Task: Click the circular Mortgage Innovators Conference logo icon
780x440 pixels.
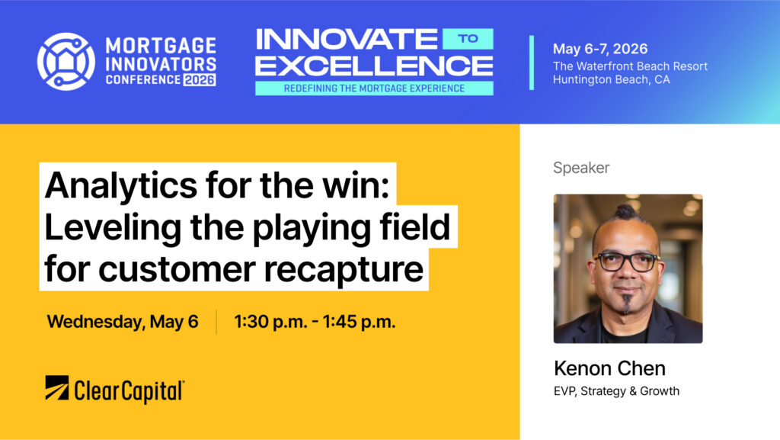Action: tap(66, 62)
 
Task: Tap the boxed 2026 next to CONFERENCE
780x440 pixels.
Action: tap(200, 79)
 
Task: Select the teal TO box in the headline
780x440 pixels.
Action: tap(468, 39)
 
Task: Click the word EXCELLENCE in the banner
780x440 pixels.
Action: tap(374, 66)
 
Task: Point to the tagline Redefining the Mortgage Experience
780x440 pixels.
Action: tap(374, 88)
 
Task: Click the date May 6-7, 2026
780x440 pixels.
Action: tap(600, 49)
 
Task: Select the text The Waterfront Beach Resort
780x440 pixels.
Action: tap(630, 66)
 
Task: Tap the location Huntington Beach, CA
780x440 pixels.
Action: tap(612, 79)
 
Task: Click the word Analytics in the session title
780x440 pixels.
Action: tap(121, 185)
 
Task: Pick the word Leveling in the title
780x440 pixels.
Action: tap(113, 227)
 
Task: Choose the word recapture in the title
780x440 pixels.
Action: tap(344, 270)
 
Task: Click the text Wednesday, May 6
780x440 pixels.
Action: tap(123, 322)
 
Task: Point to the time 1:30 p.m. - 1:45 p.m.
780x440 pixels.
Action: tap(315, 322)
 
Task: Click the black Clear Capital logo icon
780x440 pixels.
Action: tap(56, 387)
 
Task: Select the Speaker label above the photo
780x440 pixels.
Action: tap(581, 168)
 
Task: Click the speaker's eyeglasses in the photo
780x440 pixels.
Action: tap(627, 262)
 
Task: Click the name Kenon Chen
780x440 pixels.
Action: tap(609, 368)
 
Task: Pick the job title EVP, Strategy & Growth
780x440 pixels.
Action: tap(616, 391)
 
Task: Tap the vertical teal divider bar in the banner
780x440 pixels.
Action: tap(531, 63)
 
